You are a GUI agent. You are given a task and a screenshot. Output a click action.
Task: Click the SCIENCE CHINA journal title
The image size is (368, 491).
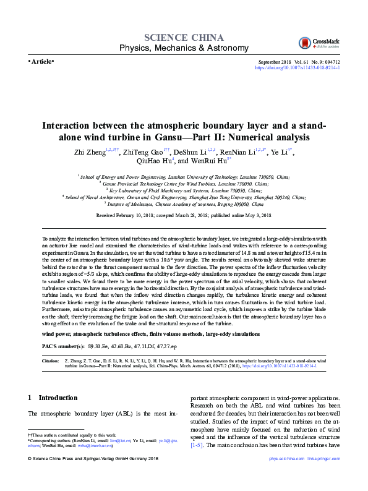pyautogui.click(x=183, y=36)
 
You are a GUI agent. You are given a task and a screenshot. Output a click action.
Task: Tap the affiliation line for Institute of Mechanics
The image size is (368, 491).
pyautogui.click(x=184, y=203)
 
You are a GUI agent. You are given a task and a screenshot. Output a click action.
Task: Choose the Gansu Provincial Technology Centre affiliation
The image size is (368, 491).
pyautogui.click(x=184, y=184)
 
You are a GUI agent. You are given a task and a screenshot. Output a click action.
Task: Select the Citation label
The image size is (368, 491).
pyautogui.click(x=51, y=359)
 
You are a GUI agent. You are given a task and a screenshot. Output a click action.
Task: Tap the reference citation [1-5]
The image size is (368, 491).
pyautogui.click(x=197, y=444)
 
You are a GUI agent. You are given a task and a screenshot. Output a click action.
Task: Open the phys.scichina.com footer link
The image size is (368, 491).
pyautogui.click(x=288, y=476)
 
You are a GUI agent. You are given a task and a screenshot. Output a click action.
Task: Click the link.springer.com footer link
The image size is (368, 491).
pyautogui.click(x=330, y=476)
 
